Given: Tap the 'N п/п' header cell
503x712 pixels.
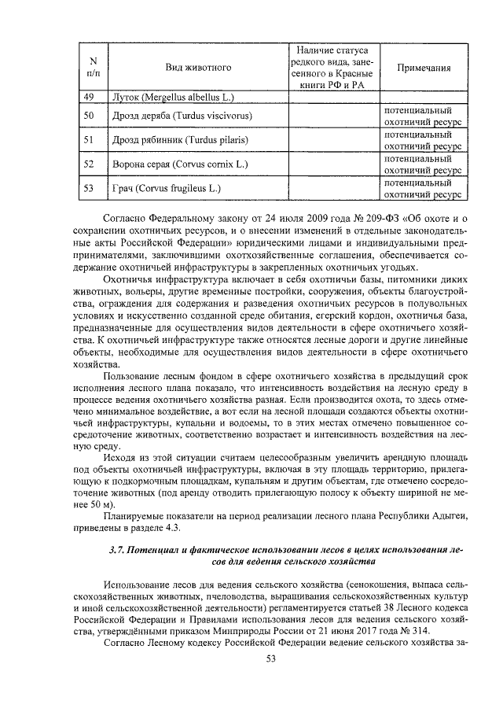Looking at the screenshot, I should click(x=94, y=68).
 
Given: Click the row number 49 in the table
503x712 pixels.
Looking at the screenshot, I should click(x=89, y=98).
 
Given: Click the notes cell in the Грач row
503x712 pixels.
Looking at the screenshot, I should click(x=423, y=189).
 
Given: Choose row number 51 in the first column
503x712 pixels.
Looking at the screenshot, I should click(x=89, y=140).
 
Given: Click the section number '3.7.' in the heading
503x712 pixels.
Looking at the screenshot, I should click(x=119, y=548).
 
